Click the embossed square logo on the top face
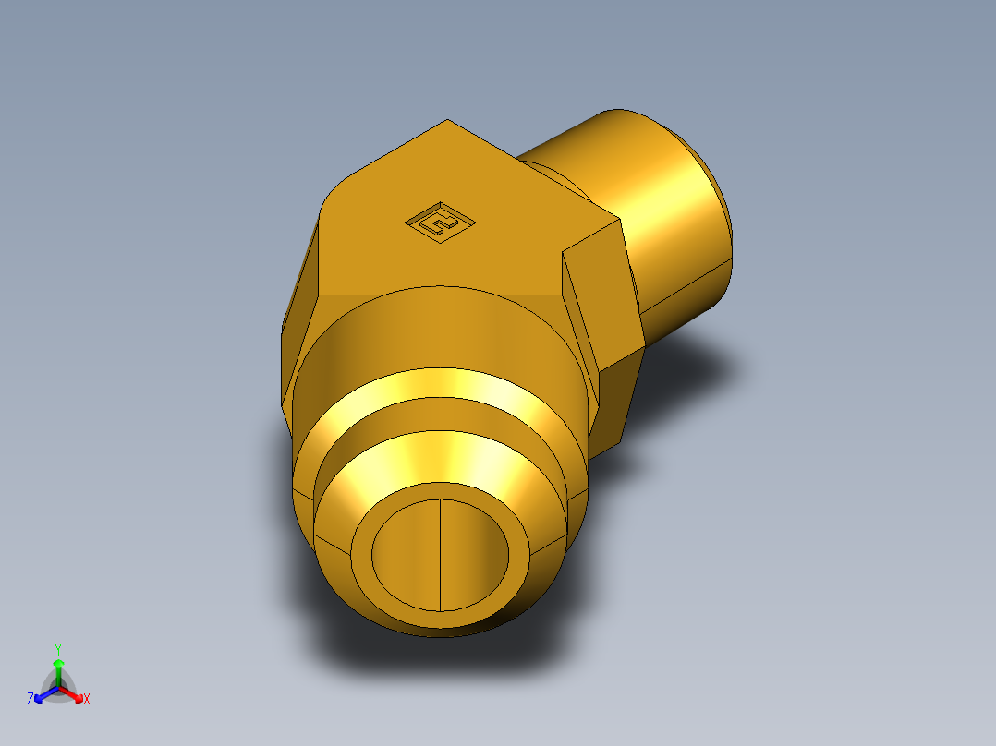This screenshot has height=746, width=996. coord(441,223)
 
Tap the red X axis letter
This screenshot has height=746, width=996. coord(87,700)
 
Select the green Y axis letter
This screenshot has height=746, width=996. coord(58,649)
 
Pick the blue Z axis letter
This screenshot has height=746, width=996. coord(30,700)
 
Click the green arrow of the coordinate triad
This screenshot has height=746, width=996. coord(58,667)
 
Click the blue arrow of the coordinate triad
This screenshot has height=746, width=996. coord(43,694)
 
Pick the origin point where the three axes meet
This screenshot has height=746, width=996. coord(58,688)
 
